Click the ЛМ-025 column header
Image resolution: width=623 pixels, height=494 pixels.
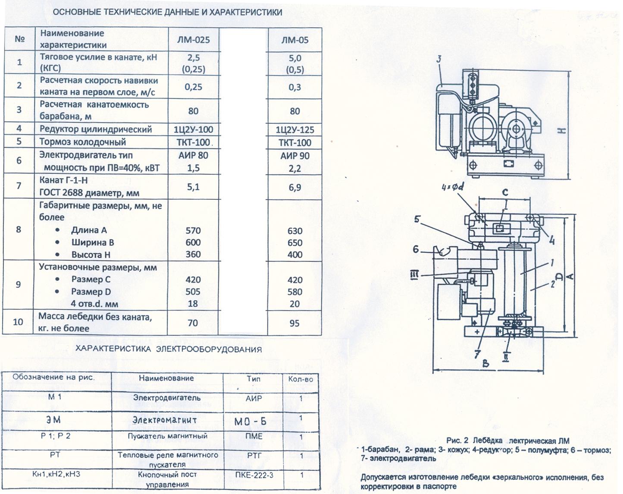[x=194, y=40]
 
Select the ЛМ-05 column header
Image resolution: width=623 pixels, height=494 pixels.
[x=295, y=40]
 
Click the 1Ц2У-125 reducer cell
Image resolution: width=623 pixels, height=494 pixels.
[x=295, y=130]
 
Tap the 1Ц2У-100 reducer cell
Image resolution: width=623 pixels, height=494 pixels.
[x=194, y=129]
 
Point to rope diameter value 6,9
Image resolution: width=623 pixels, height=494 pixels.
[x=295, y=188]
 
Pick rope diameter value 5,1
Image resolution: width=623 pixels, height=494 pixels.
[x=193, y=187]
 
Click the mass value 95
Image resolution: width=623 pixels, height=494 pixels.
[x=294, y=323]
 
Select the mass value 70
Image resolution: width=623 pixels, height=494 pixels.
[x=193, y=323]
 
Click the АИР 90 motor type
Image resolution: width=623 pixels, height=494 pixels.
[x=295, y=156]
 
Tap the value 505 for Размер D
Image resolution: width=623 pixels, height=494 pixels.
[x=193, y=292]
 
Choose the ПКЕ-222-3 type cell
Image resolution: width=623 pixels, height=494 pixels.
[x=254, y=475]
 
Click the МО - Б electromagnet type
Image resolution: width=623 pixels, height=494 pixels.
[x=250, y=421]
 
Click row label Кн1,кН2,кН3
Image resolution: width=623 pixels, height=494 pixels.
[x=56, y=474]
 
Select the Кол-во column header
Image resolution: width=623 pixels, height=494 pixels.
[x=301, y=379]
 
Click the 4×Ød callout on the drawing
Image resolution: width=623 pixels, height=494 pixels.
[x=453, y=187]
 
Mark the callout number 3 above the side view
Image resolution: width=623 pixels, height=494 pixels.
[x=439, y=59]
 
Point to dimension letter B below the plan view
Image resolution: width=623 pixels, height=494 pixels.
[x=486, y=364]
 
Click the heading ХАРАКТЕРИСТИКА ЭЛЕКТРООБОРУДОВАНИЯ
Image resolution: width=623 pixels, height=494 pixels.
[x=169, y=349]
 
